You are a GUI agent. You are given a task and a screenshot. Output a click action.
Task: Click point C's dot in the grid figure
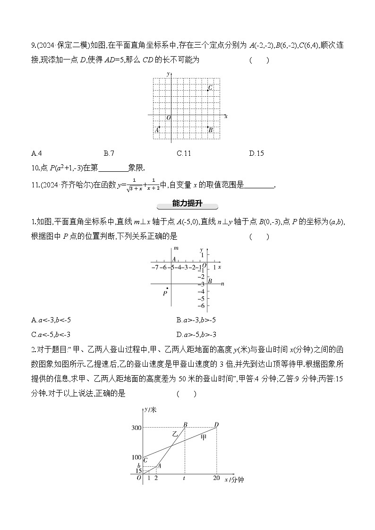point(207,90)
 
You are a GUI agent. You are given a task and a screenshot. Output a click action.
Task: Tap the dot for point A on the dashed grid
point(159,126)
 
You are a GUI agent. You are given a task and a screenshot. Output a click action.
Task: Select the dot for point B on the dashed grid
point(207,126)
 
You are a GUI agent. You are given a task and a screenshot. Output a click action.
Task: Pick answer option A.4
point(37,153)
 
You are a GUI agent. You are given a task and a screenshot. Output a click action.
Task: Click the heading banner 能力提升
point(187,204)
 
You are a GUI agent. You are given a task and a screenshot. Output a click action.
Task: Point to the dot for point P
point(167,288)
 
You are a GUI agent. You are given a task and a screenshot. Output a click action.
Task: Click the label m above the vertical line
point(176,248)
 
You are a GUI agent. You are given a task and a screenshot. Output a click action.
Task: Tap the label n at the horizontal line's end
point(222,283)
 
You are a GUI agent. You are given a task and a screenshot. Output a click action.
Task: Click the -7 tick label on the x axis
point(154,268)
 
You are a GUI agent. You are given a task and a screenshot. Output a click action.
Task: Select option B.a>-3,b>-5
point(196,320)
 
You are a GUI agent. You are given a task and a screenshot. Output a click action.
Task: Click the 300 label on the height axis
point(136,428)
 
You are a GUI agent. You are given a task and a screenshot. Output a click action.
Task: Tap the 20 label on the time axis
point(216,479)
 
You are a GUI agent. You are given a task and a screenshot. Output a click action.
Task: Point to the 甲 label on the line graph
point(204,437)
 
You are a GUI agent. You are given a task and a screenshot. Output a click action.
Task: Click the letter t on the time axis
point(184,478)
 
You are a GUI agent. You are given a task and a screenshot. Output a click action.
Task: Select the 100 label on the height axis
point(136,457)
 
